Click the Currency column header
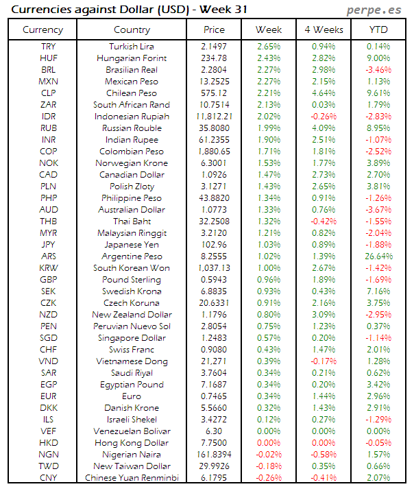tap(42, 29)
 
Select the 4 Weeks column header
tap(324, 29)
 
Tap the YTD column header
tap(378, 29)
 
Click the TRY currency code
tap(49, 46)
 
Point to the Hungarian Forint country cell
tap(132, 58)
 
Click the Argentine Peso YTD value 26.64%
tap(378, 256)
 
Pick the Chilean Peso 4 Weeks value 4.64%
tap(324, 93)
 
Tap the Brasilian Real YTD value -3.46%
tap(378, 69)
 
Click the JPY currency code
tap(49, 244)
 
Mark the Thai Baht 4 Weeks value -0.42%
tap(324, 221)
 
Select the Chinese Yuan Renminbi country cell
tap(132, 478)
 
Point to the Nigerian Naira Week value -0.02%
tap(269, 455)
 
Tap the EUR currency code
tap(49, 396)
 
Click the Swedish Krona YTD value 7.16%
tap(378, 291)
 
